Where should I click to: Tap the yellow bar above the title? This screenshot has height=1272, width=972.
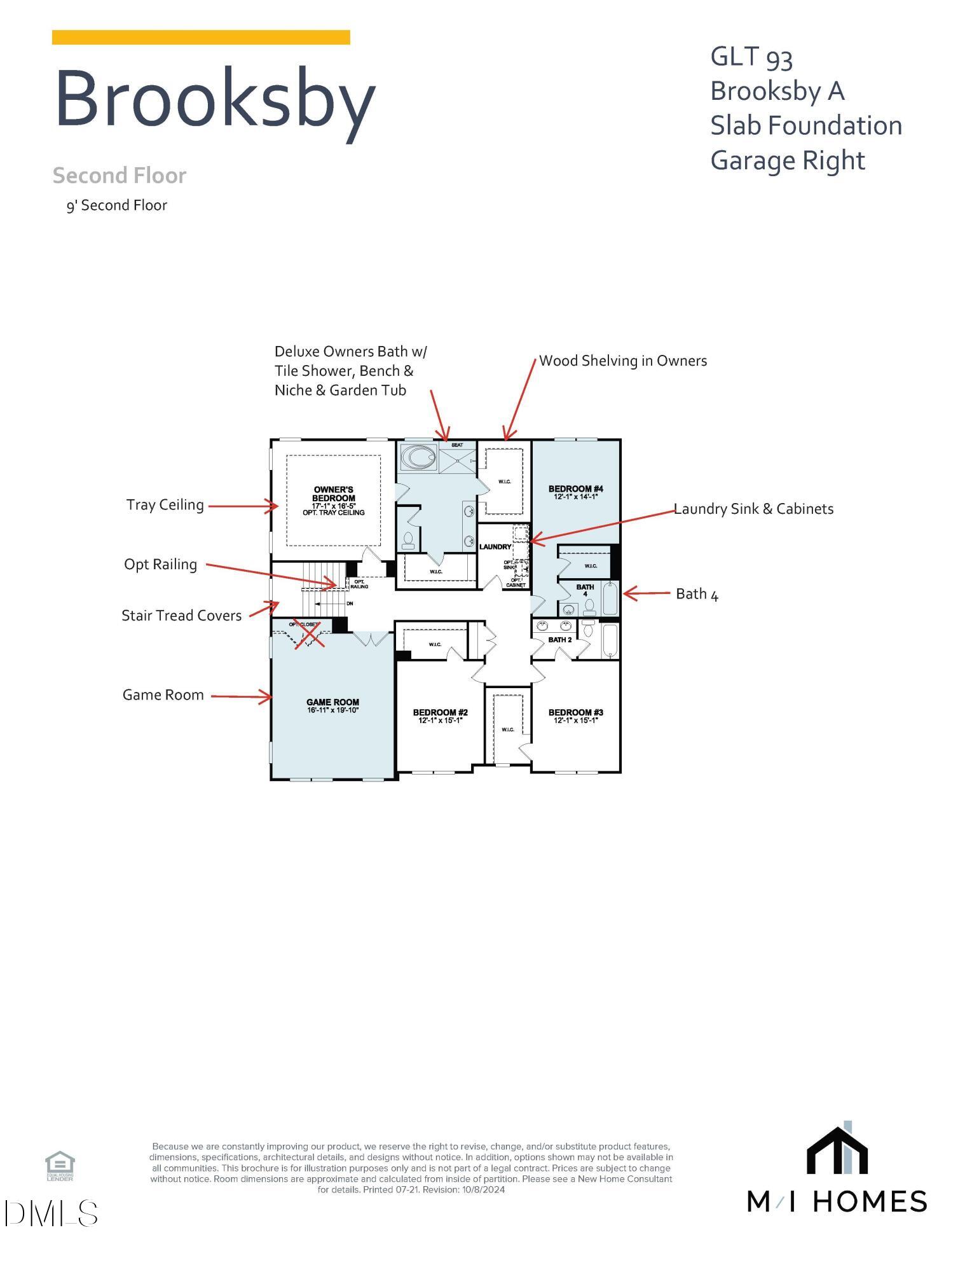201,38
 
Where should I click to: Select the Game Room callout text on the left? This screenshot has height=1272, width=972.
163,695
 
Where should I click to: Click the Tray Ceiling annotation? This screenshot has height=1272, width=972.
165,505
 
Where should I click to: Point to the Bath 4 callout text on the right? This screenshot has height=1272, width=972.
697,594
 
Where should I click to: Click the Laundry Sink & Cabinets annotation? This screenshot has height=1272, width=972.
754,509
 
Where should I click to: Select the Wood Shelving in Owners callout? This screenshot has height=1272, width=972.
623,361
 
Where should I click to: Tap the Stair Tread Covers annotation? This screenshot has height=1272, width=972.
182,616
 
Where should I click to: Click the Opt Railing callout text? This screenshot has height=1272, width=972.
161,565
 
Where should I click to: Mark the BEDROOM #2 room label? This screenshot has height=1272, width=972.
440,713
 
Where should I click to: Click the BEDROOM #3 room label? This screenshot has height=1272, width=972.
576,713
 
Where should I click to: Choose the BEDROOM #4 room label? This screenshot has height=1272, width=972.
576,489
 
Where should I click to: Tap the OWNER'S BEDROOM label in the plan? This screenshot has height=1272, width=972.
334,494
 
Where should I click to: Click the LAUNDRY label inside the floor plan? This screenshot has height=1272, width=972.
495,546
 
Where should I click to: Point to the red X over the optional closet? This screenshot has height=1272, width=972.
308,632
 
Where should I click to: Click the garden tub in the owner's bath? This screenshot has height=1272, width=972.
418,457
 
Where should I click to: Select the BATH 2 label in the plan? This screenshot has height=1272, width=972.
560,640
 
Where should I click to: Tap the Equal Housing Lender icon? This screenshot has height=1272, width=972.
60,1165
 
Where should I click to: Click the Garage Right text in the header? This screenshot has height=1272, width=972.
788,160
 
